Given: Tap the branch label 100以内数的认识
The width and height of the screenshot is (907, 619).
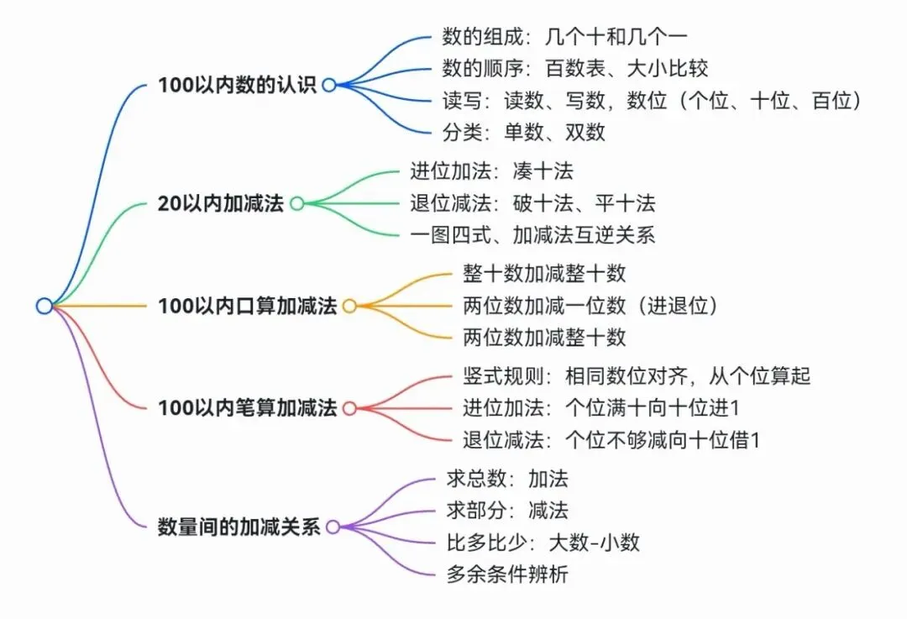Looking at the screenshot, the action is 238,85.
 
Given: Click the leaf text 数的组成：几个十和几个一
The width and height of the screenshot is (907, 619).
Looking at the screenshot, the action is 564,37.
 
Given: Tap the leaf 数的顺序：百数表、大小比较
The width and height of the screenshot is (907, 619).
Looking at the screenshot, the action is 575,69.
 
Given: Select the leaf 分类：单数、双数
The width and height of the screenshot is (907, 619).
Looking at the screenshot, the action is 523,133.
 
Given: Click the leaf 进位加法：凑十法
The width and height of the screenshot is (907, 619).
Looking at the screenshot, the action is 491,171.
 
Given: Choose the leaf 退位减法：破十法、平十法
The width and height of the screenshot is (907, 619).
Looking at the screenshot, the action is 532,203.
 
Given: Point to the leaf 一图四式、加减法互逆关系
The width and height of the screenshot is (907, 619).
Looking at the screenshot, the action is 532,235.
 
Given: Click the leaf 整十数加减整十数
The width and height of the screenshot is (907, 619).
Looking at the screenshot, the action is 544,274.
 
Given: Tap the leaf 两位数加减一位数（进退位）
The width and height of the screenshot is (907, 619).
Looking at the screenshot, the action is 590,306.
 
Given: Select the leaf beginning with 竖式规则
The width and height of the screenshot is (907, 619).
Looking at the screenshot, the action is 637,376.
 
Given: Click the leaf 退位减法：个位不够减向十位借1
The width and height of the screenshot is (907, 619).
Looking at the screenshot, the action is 611,440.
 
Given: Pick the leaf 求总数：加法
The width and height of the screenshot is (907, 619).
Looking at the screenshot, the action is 507,479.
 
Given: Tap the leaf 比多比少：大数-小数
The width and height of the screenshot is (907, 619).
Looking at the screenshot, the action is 543,543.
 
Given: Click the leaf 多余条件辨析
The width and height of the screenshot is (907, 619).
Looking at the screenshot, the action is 507,574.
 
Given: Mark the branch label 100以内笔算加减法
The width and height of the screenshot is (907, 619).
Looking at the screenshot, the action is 248,408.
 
